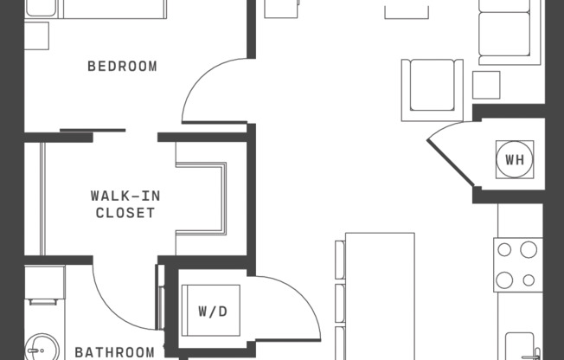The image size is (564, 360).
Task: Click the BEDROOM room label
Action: point(122,66)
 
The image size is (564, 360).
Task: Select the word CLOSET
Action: point(125,212)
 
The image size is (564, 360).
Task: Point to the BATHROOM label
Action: point(114,351)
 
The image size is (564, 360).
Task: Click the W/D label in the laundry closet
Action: point(212,311)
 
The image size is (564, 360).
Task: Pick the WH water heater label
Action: point(515,159)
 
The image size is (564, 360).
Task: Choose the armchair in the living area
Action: point(432,88)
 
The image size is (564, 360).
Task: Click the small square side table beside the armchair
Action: point(486,85)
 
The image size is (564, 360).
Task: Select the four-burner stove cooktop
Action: point(517,265)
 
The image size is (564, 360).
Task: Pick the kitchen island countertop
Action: point(380,294)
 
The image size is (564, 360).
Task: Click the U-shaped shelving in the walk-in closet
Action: point(204,196)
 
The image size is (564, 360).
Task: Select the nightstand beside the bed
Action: point(36,35)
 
